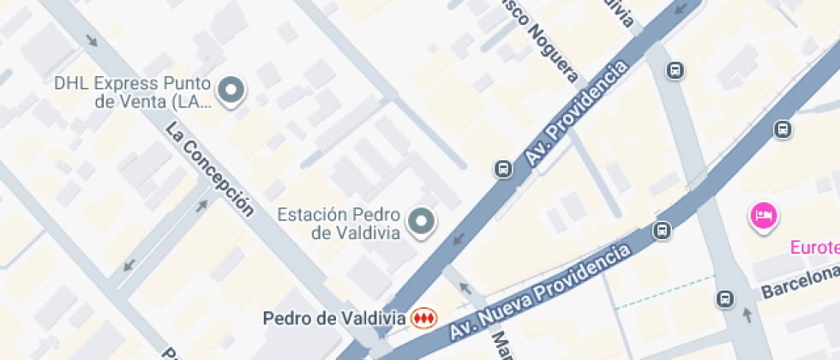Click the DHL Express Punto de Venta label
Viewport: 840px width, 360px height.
[130, 93]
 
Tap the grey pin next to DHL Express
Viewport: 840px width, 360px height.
[231, 90]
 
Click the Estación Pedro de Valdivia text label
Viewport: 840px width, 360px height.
[340, 222]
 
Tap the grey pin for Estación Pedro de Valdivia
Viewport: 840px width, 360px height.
[421, 222]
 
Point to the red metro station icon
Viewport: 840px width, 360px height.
[422, 318]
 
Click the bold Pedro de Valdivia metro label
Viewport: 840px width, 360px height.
[334, 318]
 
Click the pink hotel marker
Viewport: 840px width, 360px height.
[762, 215]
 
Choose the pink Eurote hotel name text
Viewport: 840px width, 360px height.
[814, 249]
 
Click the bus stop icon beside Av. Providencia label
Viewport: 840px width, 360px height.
[501, 168]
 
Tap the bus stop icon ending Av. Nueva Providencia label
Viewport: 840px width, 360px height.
[662, 230]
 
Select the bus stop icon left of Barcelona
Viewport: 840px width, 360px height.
[725, 299]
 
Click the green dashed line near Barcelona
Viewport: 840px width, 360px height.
[664, 292]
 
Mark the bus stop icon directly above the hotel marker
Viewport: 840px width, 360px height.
[782, 129]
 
